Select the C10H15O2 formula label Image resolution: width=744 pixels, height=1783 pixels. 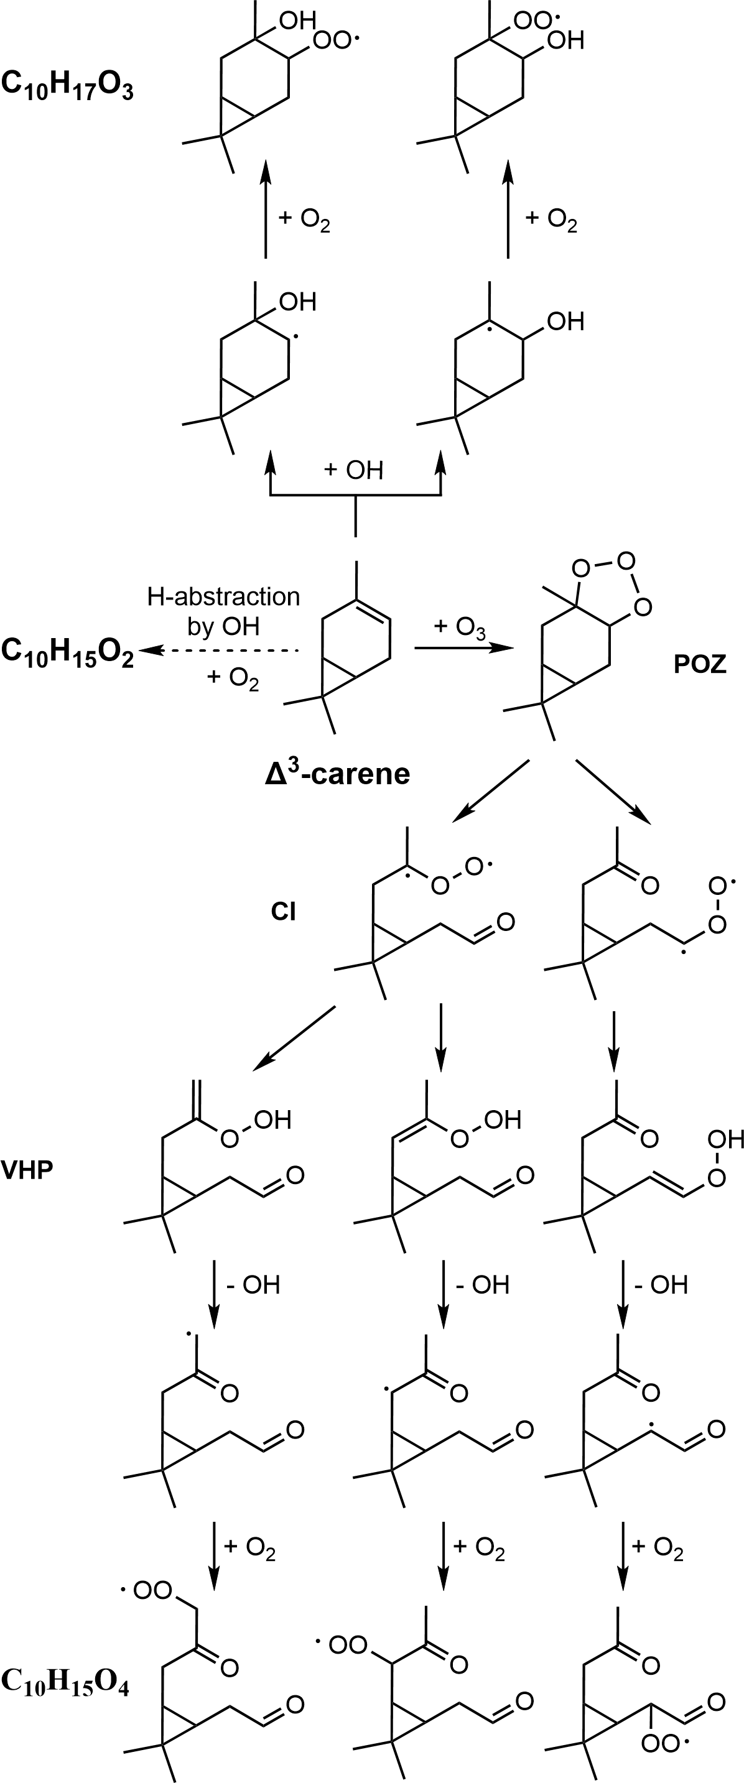click(x=67, y=651)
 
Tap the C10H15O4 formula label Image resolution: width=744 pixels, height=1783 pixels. click(x=66, y=1683)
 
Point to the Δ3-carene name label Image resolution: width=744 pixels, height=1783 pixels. click(x=337, y=773)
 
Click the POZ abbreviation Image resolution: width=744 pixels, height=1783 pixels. click(x=700, y=664)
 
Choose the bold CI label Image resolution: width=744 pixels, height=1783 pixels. click(x=284, y=912)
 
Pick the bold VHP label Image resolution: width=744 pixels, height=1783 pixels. click(x=28, y=1170)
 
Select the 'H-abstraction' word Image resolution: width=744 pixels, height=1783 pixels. click(x=223, y=596)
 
